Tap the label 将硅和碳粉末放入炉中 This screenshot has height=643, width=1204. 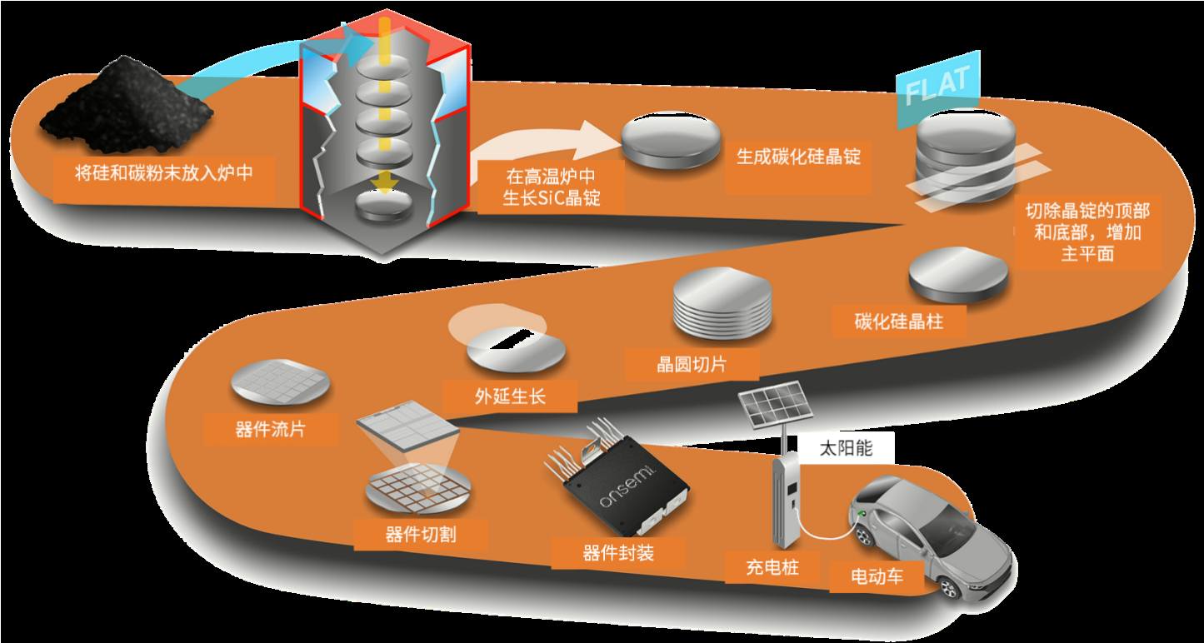pos(164,173)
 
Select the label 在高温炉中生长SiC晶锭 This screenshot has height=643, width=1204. pos(551,187)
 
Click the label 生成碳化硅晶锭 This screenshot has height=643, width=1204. pos(799,157)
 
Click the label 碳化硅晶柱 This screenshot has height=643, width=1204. pos(899,321)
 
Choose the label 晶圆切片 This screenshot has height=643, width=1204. pos(692,364)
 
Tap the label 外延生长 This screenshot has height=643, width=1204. pos(510,396)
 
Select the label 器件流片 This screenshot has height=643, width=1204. pos(270,429)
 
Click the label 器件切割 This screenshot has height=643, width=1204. pos(421,535)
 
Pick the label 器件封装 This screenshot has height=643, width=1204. pos(618,553)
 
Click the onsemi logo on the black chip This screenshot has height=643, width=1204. pos(627,486)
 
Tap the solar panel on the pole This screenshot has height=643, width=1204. pos(775,404)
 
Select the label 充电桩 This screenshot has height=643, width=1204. pos(772,567)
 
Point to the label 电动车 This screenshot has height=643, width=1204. pos(877,577)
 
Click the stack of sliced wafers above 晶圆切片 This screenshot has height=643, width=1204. pos(722,303)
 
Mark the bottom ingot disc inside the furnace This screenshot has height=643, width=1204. pos(384,207)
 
